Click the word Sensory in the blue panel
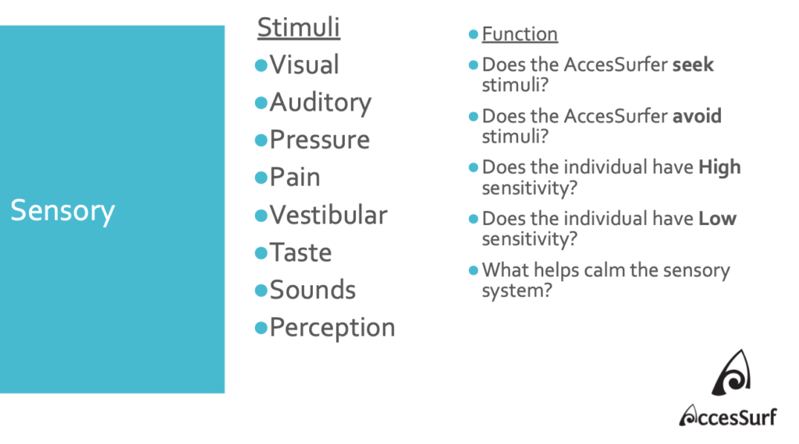tap(62, 211)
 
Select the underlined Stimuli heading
tap(299, 27)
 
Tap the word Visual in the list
tap(304, 65)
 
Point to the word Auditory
tap(321, 104)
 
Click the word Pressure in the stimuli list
tap(319, 140)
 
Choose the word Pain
tap(295, 177)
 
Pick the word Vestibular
tap(328, 215)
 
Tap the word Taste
tap(300, 252)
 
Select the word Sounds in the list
tap(312, 290)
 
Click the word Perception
tap(332, 328)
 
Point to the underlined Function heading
tap(520, 34)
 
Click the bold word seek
tap(693, 65)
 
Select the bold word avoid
tap(697, 116)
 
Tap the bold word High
tap(719, 167)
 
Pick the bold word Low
tap(718, 219)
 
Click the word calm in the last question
tap(605, 270)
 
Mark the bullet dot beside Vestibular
tap(261, 216)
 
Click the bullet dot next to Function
tap(474, 34)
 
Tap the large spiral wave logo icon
tap(731, 373)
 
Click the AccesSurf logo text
tap(728, 416)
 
